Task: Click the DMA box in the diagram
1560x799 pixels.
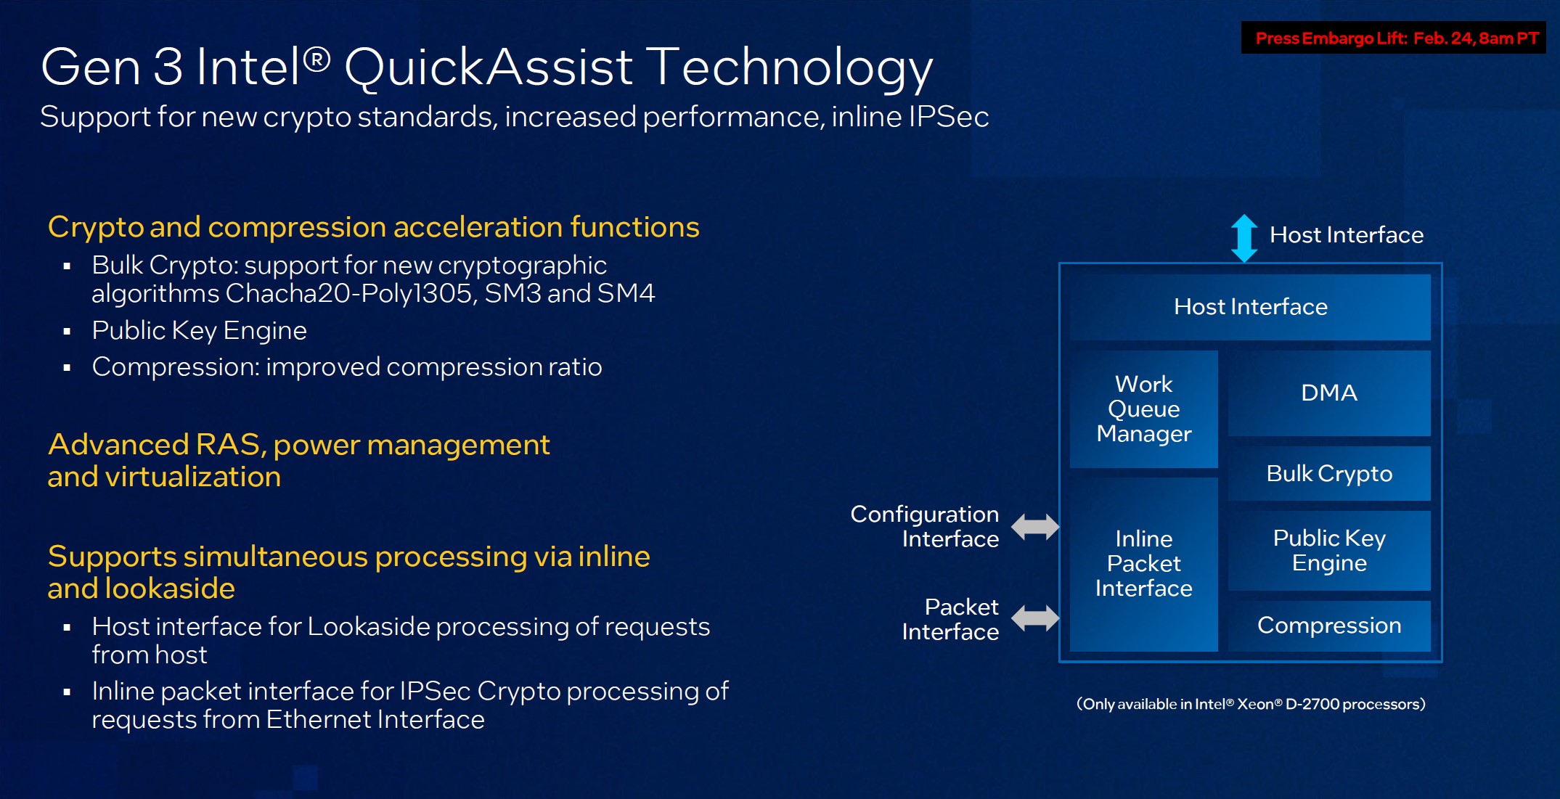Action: click(x=1328, y=393)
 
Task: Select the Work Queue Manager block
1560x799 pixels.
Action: click(x=1143, y=409)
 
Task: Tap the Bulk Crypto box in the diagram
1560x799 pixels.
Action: click(x=1328, y=474)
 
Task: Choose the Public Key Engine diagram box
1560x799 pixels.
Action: click(x=1328, y=550)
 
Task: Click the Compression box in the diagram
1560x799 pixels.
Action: click(x=1328, y=626)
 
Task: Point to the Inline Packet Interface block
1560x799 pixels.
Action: click(x=1143, y=564)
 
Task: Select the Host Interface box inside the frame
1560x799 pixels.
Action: click(x=1250, y=307)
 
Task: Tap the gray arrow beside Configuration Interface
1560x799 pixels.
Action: click(x=1035, y=527)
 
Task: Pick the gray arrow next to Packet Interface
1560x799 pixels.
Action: click(x=1035, y=618)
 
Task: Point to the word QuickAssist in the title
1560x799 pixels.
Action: click(x=488, y=67)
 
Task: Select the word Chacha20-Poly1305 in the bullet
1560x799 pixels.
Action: click(x=351, y=294)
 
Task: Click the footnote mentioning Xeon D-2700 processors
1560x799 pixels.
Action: click(x=1250, y=704)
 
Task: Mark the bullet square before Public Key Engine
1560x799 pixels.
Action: click(x=68, y=332)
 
